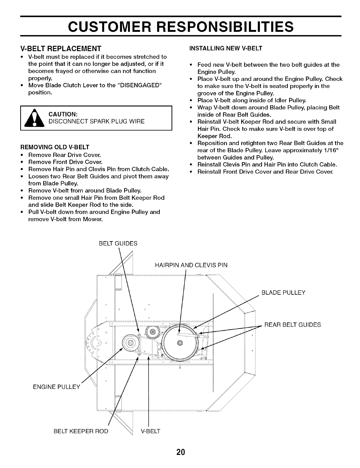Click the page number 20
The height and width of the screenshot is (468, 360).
[x=180, y=453]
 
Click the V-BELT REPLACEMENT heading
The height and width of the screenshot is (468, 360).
[x=61, y=48]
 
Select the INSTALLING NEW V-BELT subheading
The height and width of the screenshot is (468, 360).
[x=226, y=48]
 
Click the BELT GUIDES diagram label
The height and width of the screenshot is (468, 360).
[x=118, y=244]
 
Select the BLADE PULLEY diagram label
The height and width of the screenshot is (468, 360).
[x=283, y=293]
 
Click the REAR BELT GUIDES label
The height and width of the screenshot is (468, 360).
[x=292, y=325]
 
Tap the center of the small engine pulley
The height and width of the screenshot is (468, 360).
[x=130, y=343]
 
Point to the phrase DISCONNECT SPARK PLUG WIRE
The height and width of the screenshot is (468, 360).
[x=97, y=122]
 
